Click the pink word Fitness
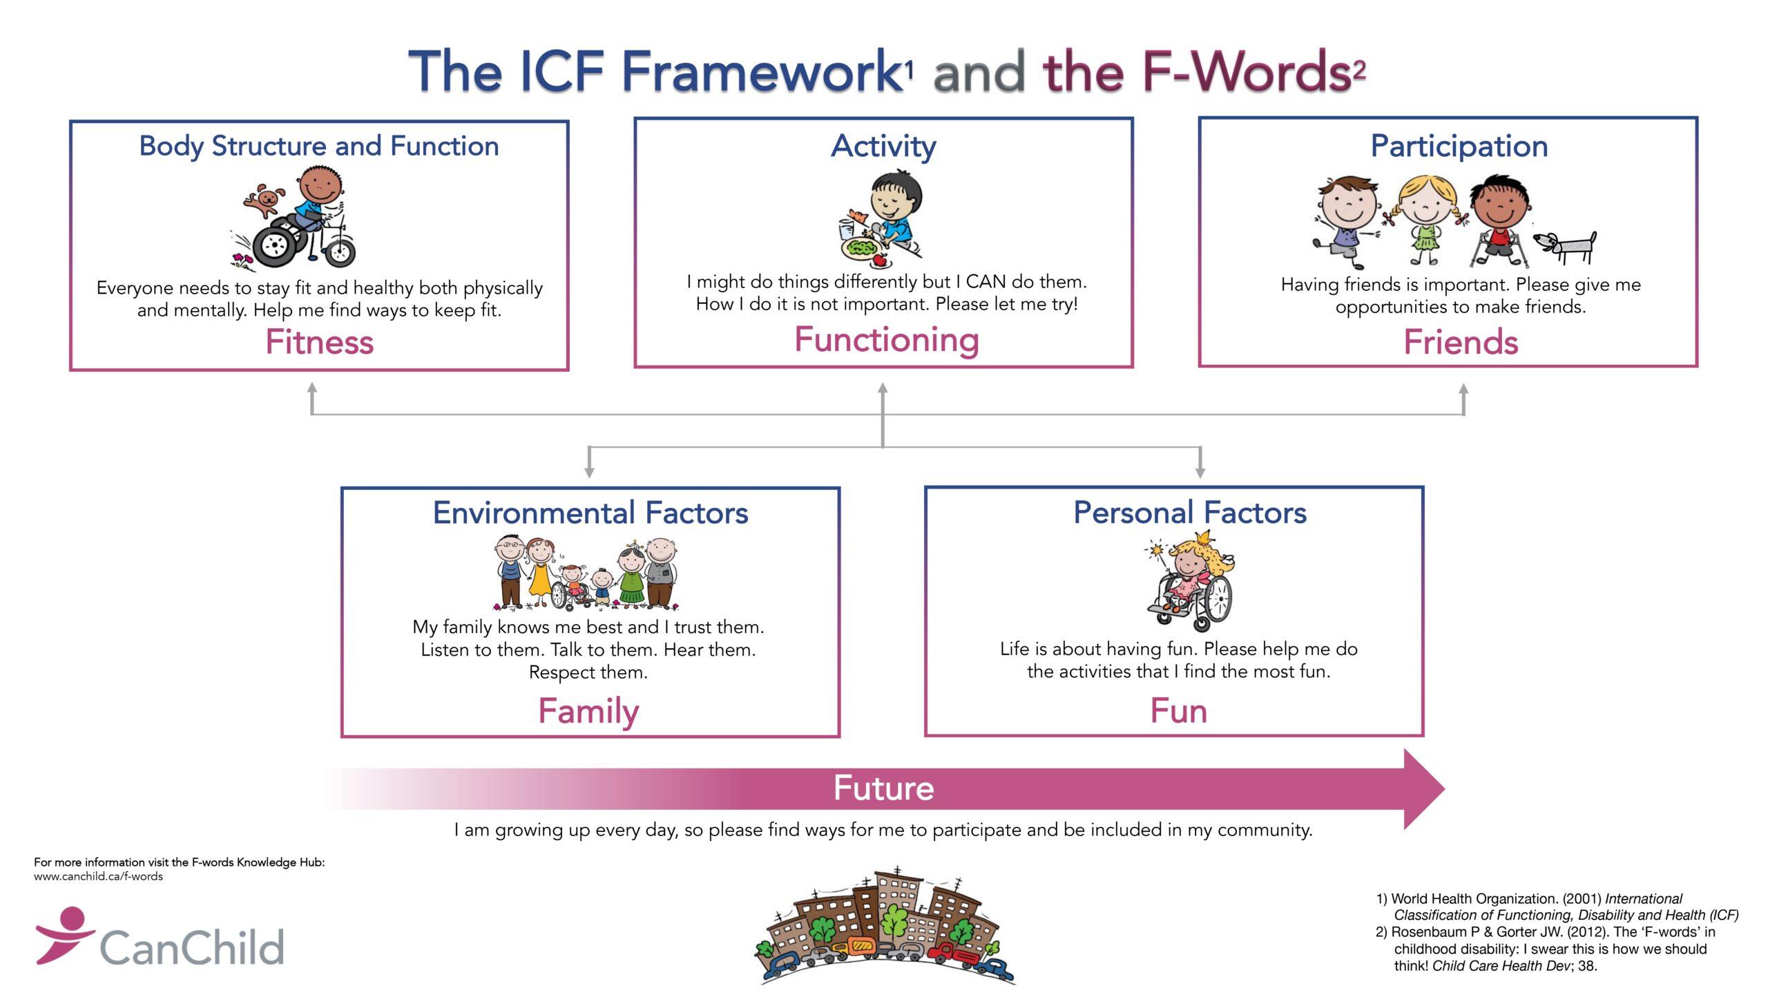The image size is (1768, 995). click(x=319, y=342)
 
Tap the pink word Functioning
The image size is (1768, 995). click(x=887, y=340)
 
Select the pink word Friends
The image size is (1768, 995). click(x=1461, y=342)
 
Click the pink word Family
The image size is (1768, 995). click(x=588, y=712)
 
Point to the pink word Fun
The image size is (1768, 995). click(x=1178, y=711)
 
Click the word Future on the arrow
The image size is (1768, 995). click(x=884, y=788)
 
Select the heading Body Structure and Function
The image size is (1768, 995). click(x=319, y=146)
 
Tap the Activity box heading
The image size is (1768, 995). click(x=883, y=146)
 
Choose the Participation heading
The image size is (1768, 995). click(x=1459, y=146)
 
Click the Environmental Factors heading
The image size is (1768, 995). click(x=590, y=513)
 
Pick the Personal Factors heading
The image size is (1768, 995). click(x=1190, y=513)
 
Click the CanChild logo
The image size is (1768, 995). click(x=160, y=937)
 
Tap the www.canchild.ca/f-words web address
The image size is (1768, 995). click(x=98, y=876)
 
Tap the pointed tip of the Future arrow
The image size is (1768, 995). click(x=1445, y=788)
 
